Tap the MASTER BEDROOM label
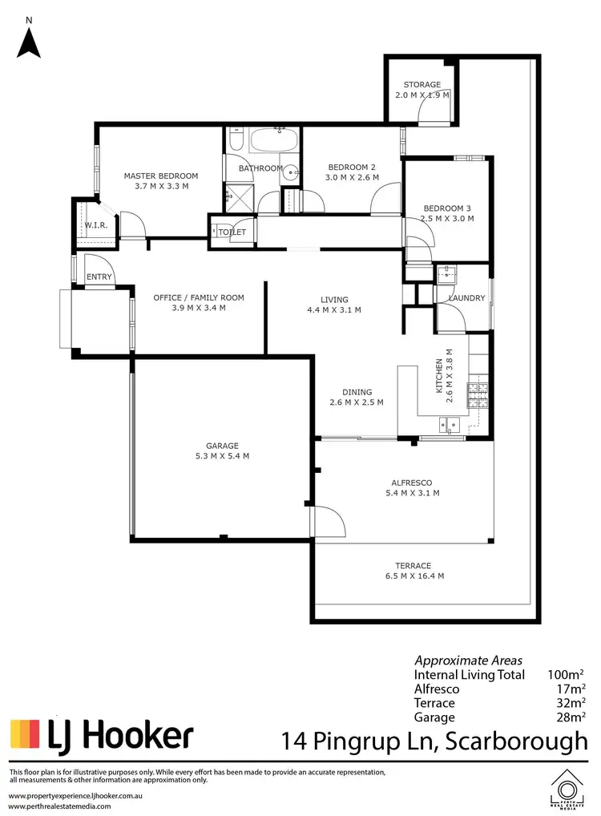(x=160, y=176)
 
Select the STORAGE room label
(x=422, y=84)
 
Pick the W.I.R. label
(x=96, y=225)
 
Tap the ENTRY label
(x=99, y=277)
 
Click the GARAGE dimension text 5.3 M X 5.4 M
(x=222, y=457)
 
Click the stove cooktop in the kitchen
(x=478, y=394)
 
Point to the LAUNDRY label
(x=466, y=298)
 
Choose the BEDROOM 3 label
(x=449, y=208)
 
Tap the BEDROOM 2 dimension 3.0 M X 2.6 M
(x=352, y=178)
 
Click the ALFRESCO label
(x=412, y=483)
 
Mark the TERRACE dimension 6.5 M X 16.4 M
(x=413, y=576)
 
